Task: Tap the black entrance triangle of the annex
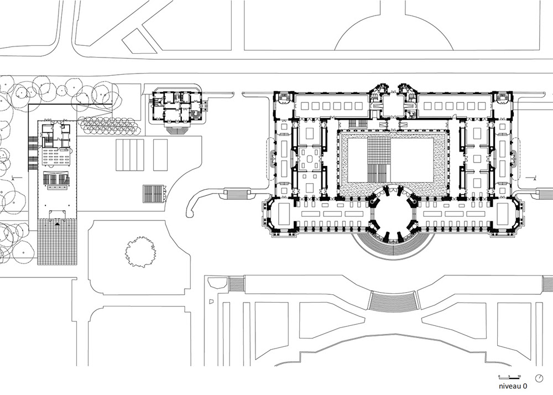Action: coord(57,224)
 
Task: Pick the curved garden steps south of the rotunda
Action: coord(393,302)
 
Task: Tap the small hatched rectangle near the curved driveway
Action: coord(154,194)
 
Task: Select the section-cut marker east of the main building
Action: coord(535,179)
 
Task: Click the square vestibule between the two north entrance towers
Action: coord(393,105)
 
